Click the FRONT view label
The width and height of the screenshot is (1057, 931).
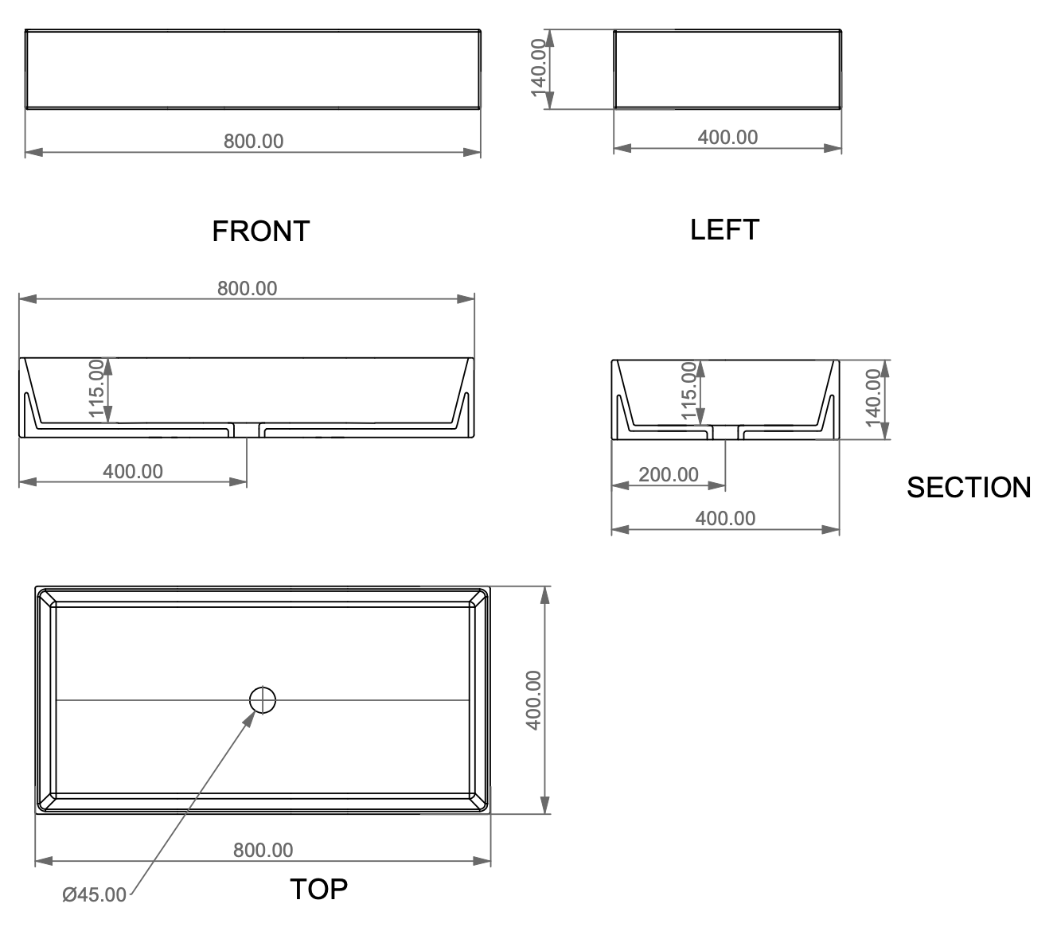(260, 232)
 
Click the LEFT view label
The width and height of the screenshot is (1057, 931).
(724, 230)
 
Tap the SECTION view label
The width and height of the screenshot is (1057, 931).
(968, 488)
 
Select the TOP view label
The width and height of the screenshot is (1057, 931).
(318, 889)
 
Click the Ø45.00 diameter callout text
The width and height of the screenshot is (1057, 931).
(94, 895)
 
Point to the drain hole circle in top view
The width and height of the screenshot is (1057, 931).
(263, 700)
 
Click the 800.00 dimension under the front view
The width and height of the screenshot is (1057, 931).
(253, 142)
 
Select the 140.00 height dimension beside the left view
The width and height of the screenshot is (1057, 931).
(539, 68)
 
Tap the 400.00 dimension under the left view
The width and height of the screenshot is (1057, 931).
(727, 138)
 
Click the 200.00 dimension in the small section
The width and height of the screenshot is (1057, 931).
(669, 475)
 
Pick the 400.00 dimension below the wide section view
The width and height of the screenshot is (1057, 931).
(133, 472)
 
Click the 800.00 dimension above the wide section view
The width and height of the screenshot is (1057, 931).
(248, 288)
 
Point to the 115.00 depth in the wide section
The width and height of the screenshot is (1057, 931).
(96, 388)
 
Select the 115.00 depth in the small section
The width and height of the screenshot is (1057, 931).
(689, 384)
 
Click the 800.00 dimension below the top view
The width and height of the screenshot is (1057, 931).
(263, 851)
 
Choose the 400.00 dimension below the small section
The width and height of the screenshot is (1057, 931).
(725, 519)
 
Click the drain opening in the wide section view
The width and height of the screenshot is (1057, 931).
(247, 430)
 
